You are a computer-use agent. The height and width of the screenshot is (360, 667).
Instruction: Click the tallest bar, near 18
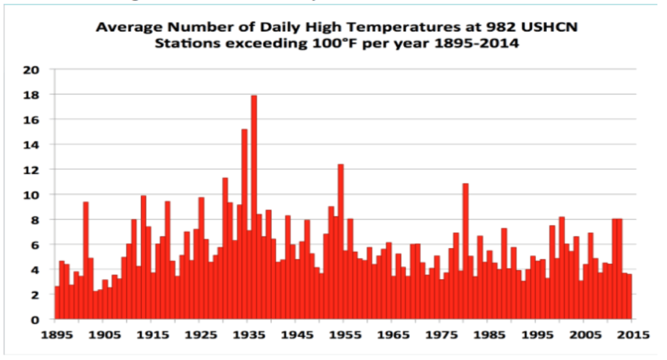[254, 209]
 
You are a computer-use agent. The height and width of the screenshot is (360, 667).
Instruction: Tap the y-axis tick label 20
[32, 70]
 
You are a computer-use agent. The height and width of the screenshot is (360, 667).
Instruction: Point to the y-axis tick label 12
[32, 170]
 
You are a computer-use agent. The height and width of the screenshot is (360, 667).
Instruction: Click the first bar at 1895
[57, 303]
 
